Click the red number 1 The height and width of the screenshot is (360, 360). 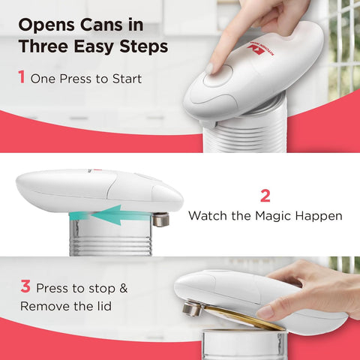coord(22,78)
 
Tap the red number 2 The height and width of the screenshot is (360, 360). coord(265,196)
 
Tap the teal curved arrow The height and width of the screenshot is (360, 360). coord(105,216)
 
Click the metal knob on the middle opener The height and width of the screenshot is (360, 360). coord(160,219)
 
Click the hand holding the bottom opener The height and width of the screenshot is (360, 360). coord(315,289)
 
